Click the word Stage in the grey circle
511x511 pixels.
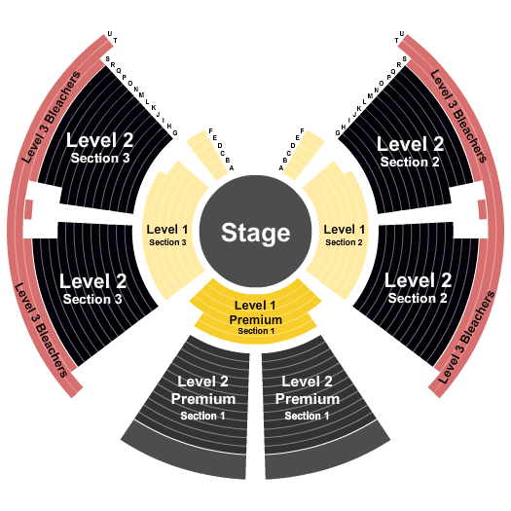[255, 234]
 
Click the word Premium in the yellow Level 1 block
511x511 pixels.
[255, 320]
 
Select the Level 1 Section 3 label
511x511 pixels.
[167, 235]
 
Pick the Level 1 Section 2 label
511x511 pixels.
[345, 235]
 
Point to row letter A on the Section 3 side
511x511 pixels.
[232, 168]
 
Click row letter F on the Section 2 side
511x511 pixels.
[302, 131]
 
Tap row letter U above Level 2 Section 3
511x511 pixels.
[109, 34]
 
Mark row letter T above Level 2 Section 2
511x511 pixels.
[396, 41]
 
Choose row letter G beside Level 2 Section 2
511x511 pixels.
[338, 133]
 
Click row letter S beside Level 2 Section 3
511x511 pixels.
[107, 59]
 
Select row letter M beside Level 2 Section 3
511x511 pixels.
[141, 95]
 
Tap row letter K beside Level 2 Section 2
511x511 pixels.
[359, 108]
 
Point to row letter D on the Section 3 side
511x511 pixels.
[220, 145]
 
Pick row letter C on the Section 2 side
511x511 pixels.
[288, 153]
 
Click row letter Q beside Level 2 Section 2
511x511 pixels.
[393, 72]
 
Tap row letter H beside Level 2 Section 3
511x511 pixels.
[169, 127]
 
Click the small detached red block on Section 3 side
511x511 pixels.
[28, 209]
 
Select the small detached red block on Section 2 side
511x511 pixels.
[483, 209]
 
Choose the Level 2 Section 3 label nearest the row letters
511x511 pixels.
[100, 148]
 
